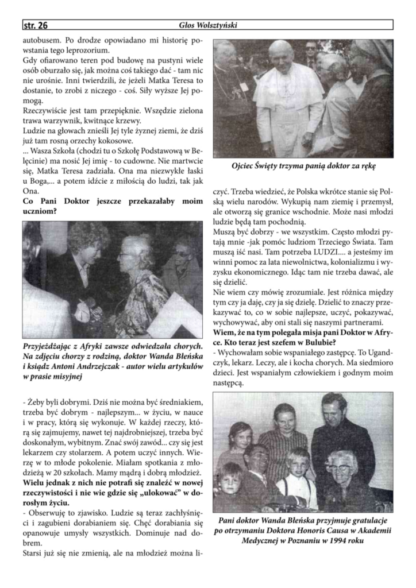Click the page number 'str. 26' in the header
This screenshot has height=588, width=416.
pos(35,25)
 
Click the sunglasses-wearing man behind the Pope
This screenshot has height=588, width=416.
pos(311,52)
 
